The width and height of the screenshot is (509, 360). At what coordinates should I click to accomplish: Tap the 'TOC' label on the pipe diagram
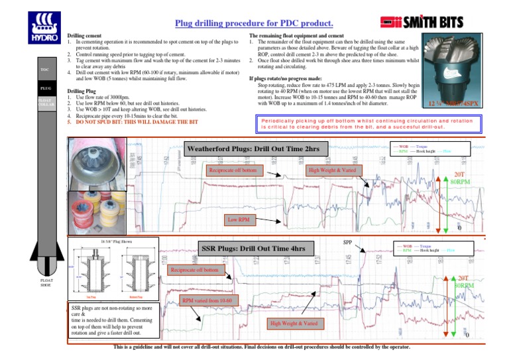pos(44,69)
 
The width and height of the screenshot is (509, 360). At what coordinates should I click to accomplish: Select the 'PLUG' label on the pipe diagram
pos(45,87)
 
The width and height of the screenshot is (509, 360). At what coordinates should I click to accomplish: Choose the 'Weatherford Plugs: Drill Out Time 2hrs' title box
pos(254,149)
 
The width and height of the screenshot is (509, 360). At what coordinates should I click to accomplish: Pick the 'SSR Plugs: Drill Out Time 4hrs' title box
pos(253,249)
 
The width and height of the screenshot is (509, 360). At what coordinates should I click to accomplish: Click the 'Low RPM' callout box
pos(239,219)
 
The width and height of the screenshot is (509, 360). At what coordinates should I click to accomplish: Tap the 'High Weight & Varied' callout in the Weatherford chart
pos(332,170)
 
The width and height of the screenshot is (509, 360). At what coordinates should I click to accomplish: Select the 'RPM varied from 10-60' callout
pos(206,300)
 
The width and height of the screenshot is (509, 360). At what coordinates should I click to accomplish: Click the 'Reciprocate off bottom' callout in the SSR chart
pos(194,270)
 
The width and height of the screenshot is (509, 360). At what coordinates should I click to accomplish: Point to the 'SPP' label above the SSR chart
pos(347,242)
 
